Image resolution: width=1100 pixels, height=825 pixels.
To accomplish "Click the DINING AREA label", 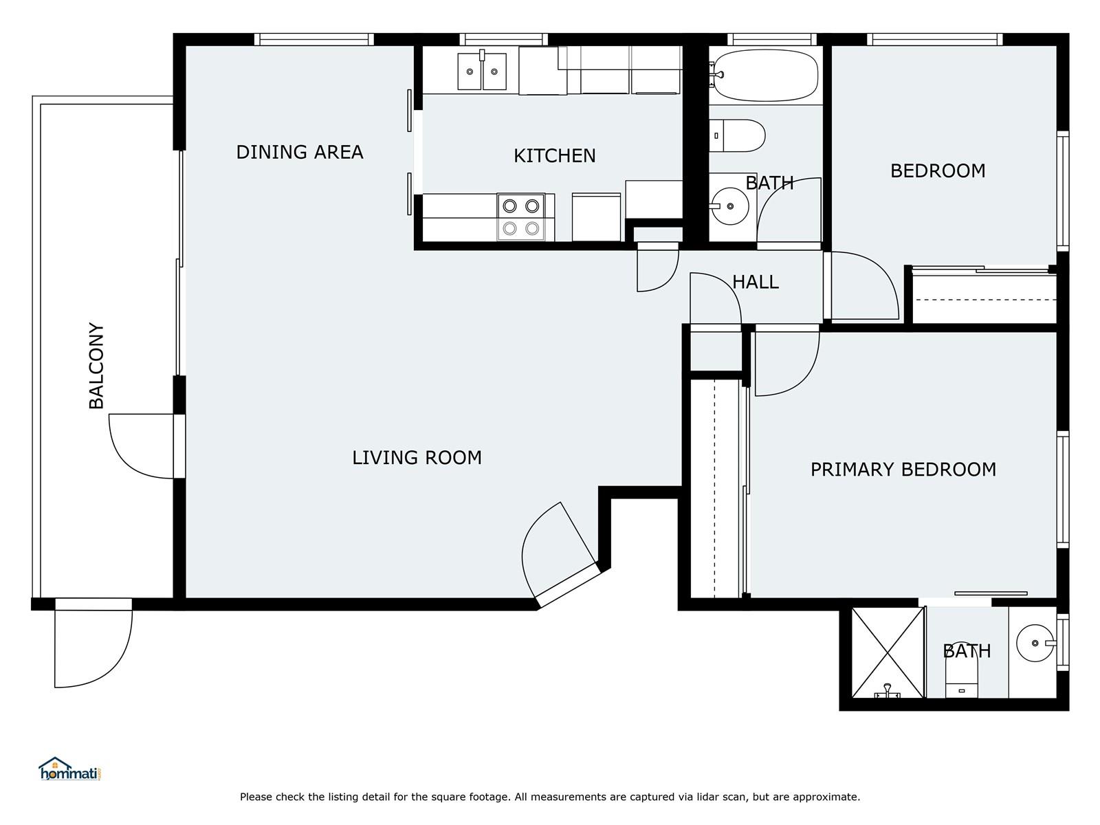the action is pos(299,152).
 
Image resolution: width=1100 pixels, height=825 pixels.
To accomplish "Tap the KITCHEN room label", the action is pos(554,156).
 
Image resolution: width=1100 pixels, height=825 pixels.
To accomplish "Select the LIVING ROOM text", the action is pos(417,458).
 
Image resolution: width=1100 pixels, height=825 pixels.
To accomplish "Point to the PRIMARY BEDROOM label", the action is pos(903,470).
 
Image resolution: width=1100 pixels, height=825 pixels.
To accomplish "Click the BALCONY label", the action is pos(96,366).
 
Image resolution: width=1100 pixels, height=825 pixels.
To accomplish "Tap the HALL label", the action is pos(755,283).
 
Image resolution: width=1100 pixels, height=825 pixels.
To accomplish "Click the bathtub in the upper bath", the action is pos(765,76).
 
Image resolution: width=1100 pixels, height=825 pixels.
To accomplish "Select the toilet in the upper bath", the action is pos(737,135).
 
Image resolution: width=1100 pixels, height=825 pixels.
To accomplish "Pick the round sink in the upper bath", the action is pos(729,206).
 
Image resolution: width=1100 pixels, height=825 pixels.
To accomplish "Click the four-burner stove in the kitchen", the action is pos(521,217).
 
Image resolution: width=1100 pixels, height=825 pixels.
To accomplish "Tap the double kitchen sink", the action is pos(482,71).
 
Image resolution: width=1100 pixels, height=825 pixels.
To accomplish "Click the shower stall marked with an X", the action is pos(888,653).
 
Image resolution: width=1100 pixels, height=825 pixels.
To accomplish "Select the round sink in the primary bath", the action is pos(1035,643).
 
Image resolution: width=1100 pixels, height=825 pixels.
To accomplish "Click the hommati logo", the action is pos(69,769).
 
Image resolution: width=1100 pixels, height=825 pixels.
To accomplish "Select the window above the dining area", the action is pos(313,39).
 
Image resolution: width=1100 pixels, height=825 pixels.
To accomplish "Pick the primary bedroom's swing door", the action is pos(787,362).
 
